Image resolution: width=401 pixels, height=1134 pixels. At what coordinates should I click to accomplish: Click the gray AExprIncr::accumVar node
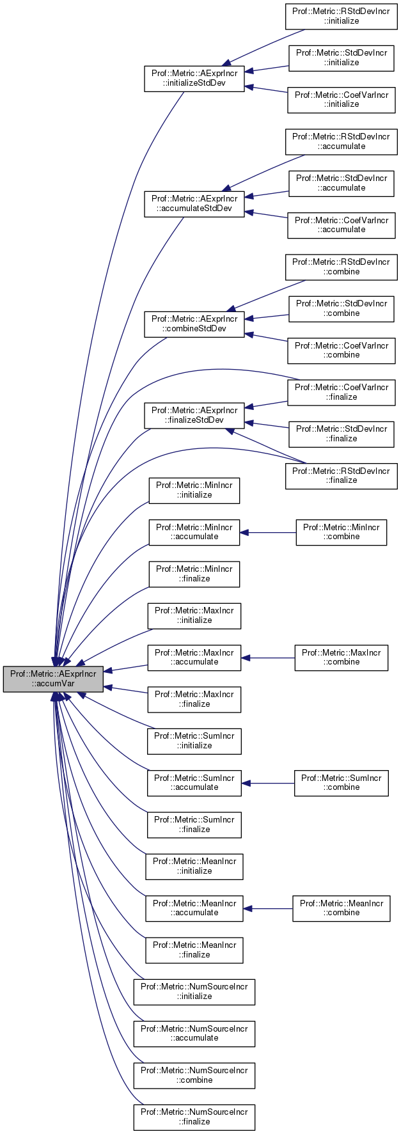click(53, 679)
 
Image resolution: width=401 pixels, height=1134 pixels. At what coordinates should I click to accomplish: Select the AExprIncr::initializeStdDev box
click(194, 78)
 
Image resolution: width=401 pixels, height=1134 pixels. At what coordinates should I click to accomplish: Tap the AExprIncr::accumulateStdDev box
click(194, 203)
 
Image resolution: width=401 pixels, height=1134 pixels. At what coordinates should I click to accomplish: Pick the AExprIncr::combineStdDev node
click(194, 324)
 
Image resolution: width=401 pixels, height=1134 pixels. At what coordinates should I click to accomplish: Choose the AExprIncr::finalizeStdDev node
click(194, 415)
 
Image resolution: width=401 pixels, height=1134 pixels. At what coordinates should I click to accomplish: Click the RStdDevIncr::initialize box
click(341, 16)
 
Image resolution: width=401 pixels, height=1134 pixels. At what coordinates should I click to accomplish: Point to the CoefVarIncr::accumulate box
click(341, 224)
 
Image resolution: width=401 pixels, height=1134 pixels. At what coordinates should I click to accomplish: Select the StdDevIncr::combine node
click(341, 308)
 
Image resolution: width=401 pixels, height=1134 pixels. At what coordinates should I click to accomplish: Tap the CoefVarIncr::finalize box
click(341, 392)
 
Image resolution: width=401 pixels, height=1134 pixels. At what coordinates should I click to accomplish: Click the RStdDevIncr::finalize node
click(341, 475)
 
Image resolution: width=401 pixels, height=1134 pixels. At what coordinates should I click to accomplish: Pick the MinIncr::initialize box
click(194, 490)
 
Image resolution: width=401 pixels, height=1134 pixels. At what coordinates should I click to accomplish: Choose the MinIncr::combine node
click(341, 532)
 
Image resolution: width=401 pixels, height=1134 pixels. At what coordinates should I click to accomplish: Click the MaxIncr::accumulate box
click(194, 658)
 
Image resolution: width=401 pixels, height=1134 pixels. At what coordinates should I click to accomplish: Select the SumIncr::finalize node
click(194, 824)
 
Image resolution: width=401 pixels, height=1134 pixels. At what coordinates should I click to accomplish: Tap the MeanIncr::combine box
click(341, 908)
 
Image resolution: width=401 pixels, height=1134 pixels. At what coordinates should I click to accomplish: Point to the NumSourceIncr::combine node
click(194, 1075)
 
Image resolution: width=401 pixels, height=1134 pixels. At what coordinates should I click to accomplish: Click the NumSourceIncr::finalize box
click(194, 1117)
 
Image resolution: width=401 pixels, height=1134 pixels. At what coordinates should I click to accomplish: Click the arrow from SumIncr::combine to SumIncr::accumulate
click(268, 783)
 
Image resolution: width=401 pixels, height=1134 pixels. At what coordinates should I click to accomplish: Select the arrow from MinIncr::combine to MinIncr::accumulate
click(268, 532)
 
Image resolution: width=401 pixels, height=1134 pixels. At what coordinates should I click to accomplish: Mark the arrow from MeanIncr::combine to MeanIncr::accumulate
click(268, 908)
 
